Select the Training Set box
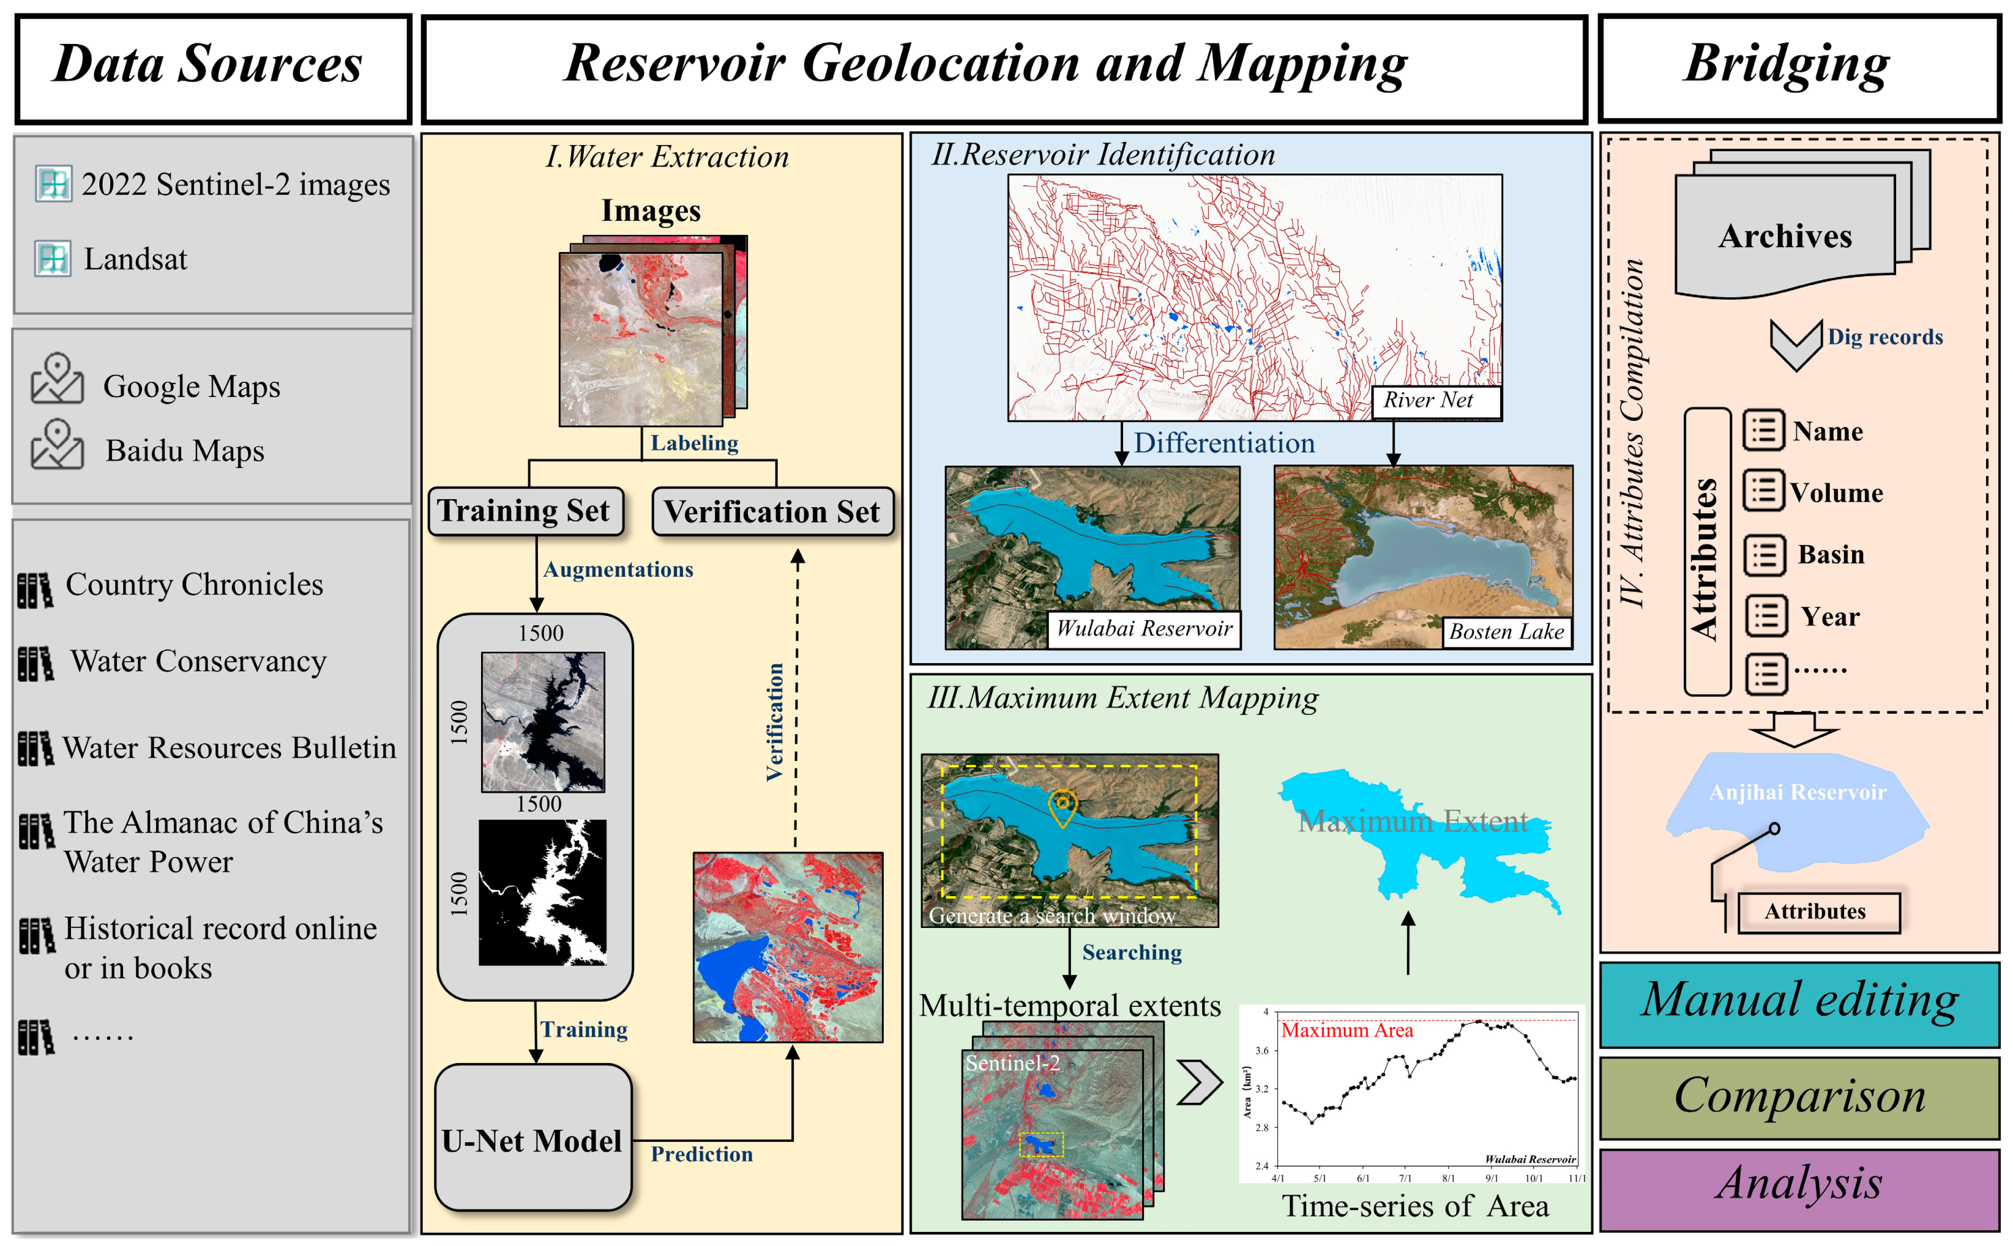[x=525, y=511]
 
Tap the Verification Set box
[x=772, y=512]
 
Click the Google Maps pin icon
[x=57, y=378]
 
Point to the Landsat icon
[x=53, y=259]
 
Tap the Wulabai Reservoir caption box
[x=1143, y=629]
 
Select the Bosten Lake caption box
[x=1506, y=632]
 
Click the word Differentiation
[x=1224, y=443]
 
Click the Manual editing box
[x=1799, y=1003]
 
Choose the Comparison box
[x=1799, y=1097]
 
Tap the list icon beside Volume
[x=1762, y=492]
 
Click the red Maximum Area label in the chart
[x=1346, y=1030]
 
